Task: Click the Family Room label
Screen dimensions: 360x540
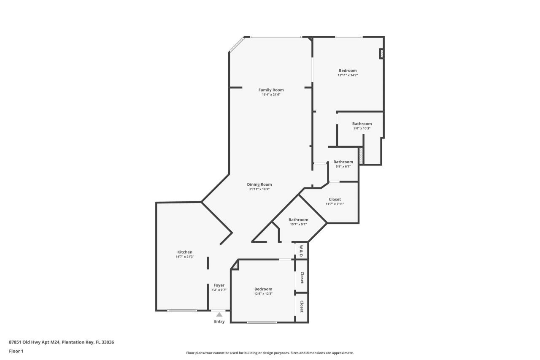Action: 271,90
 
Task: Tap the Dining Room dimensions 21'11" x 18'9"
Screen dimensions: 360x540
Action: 259,189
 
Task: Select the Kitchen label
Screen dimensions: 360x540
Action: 185,252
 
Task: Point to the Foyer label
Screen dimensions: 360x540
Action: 219,285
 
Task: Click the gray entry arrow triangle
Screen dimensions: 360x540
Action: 219,314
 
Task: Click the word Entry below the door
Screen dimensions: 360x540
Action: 219,322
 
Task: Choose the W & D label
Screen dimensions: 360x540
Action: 301,251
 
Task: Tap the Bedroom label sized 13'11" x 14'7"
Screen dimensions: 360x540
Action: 348,70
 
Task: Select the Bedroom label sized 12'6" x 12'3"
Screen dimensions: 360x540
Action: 263,289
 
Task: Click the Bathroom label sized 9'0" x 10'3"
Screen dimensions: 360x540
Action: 362,124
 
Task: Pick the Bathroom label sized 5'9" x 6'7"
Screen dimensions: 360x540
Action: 343,162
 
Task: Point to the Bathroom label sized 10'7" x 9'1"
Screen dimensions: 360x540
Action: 298,219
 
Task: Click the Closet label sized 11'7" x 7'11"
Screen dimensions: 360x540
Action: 335,199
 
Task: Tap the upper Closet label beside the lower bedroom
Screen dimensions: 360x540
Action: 302,277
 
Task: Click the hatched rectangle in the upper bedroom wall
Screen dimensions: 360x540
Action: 381,54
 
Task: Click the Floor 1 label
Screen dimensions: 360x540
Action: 16,351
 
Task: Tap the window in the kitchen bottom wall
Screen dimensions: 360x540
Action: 182,311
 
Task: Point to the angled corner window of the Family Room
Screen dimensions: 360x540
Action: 237,45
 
